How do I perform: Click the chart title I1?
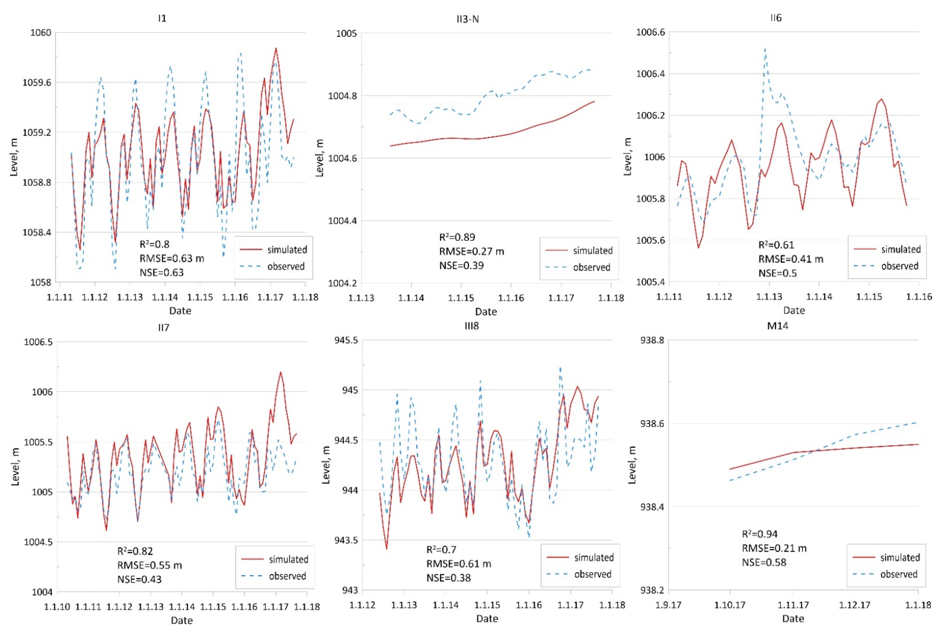(162, 18)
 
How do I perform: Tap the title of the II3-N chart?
(468, 19)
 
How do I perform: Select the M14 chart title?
(777, 326)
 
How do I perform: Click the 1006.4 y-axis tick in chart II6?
(650, 74)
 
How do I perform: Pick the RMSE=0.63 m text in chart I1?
(172, 258)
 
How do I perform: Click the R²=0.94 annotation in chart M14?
(759, 534)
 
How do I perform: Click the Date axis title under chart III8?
(487, 618)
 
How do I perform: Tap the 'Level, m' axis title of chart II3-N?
(320, 158)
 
